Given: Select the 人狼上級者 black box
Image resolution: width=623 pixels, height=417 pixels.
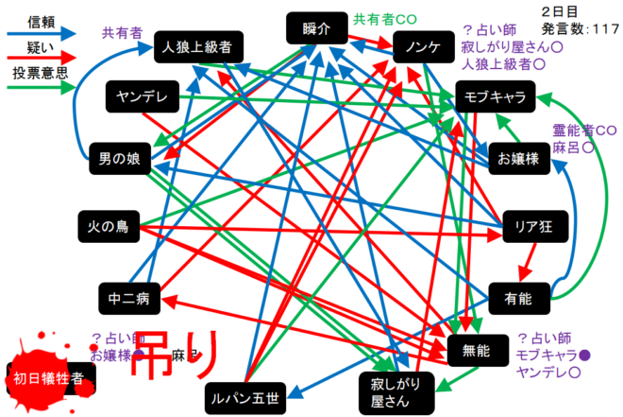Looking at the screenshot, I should [198, 45].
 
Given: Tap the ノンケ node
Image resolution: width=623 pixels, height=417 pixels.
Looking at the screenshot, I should [416, 46].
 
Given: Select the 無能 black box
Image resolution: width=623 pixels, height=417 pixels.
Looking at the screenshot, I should [478, 350].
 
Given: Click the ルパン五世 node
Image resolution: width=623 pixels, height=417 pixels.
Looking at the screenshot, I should [243, 397].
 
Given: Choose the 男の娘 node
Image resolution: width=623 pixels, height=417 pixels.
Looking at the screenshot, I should [114, 161].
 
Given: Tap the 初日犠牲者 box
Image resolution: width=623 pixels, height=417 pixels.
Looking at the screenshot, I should [48, 379].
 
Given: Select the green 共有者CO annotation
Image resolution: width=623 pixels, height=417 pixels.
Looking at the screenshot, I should [384, 19].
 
